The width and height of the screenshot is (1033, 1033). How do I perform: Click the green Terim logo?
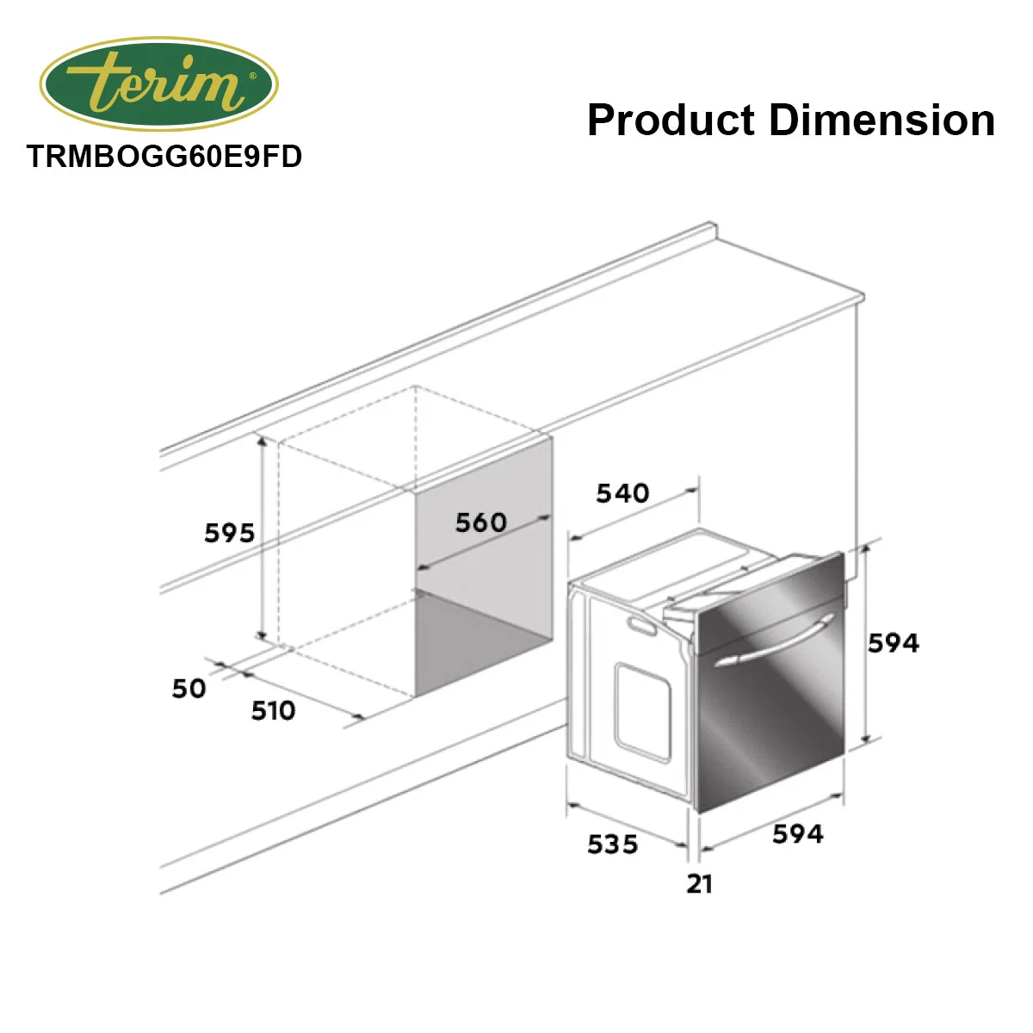[158, 84]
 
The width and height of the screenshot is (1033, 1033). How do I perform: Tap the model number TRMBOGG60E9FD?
[164, 157]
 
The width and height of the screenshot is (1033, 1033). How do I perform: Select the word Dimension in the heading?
[881, 120]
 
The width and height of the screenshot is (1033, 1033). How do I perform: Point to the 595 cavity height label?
[230, 534]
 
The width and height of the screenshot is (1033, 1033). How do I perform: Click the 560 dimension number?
[481, 523]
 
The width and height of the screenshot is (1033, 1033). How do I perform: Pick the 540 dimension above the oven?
[622, 493]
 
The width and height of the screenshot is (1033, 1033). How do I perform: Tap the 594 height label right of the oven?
[894, 643]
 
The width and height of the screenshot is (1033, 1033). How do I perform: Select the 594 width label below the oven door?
[798, 834]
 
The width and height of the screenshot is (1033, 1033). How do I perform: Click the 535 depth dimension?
[613, 844]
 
